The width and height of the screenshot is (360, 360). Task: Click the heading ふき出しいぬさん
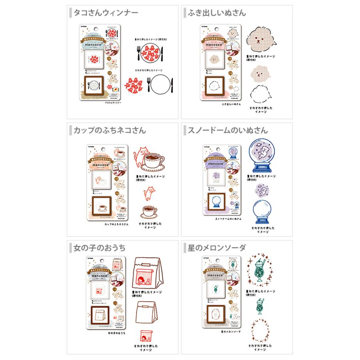(x=217, y=13)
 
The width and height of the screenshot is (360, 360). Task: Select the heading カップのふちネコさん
(x=110, y=131)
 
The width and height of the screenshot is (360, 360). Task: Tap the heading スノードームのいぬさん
(x=228, y=131)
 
